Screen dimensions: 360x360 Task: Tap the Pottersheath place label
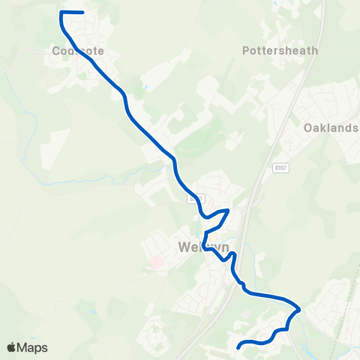tap(280, 51)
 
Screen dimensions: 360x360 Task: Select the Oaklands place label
tap(331, 128)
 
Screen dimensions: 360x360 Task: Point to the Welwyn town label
tap(198, 247)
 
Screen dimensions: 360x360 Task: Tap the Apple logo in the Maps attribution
tap(11, 347)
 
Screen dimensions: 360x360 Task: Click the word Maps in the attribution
tap(33, 347)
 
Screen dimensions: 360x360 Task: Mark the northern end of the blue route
tap(82, 12)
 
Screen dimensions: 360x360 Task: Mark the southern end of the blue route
tap(238, 346)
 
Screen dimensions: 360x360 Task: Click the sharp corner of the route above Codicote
tap(61, 13)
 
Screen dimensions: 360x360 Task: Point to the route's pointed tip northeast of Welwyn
tap(228, 211)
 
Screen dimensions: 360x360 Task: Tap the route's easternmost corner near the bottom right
tap(300, 307)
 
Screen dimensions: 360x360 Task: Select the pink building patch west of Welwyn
tap(157, 262)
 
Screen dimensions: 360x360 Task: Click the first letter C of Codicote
tap(57, 51)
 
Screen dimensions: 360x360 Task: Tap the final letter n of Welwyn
tap(215, 247)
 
